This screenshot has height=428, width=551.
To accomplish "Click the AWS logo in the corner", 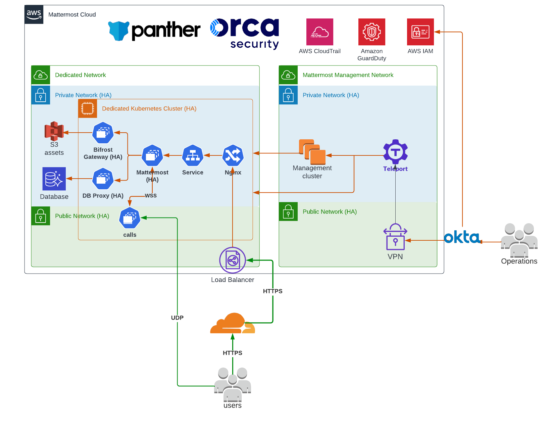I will click(34, 14).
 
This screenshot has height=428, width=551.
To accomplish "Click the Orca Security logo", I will click(244, 34).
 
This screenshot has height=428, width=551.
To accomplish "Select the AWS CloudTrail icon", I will click(320, 32).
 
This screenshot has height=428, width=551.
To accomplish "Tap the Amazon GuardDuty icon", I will click(372, 32).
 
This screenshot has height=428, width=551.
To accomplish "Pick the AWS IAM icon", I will click(420, 32).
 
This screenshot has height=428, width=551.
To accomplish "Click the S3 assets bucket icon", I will click(54, 131).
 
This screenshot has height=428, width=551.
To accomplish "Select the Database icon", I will click(54, 179).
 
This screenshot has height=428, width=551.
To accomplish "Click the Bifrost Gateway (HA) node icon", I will click(103, 133).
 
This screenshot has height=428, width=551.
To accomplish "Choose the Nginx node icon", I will click(233, 155).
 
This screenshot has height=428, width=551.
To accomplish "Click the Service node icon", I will click(193, 155).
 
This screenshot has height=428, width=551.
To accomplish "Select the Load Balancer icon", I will click(233, 260).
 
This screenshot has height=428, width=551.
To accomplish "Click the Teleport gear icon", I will click(395, 152).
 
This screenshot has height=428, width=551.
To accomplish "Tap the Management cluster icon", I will click(312, 152).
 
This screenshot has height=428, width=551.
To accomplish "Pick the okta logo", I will click(462, 237).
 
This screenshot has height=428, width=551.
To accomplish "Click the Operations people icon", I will click(519, 240).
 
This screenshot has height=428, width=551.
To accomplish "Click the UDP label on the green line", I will click(177, 318).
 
